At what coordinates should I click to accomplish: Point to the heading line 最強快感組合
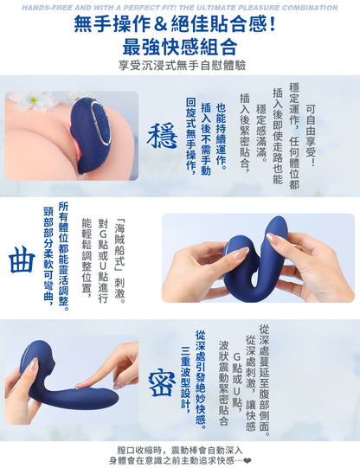click(x=179, y=47)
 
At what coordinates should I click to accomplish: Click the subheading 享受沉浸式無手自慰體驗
click(x=179, y=65)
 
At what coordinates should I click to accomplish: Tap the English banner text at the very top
click(x=179, y=6)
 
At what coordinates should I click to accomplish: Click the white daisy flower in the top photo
click(x=39, y=100)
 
